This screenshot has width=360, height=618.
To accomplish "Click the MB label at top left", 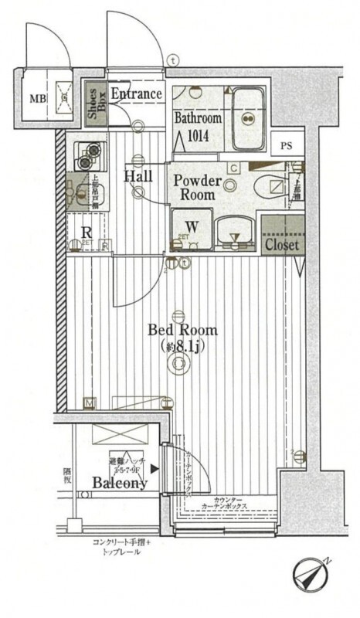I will point(36,99).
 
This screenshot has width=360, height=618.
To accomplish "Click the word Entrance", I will point(137,93).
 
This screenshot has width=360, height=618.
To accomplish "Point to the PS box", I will point(287,145).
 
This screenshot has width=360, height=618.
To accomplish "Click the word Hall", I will point(139,177).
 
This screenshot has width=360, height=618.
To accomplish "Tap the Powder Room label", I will point(197,188).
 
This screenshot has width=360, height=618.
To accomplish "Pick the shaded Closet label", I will point(281,244).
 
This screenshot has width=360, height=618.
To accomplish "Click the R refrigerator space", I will point(87,232).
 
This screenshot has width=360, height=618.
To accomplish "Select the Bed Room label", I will point(182,330).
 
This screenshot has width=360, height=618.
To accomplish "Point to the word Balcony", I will point(120,484).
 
